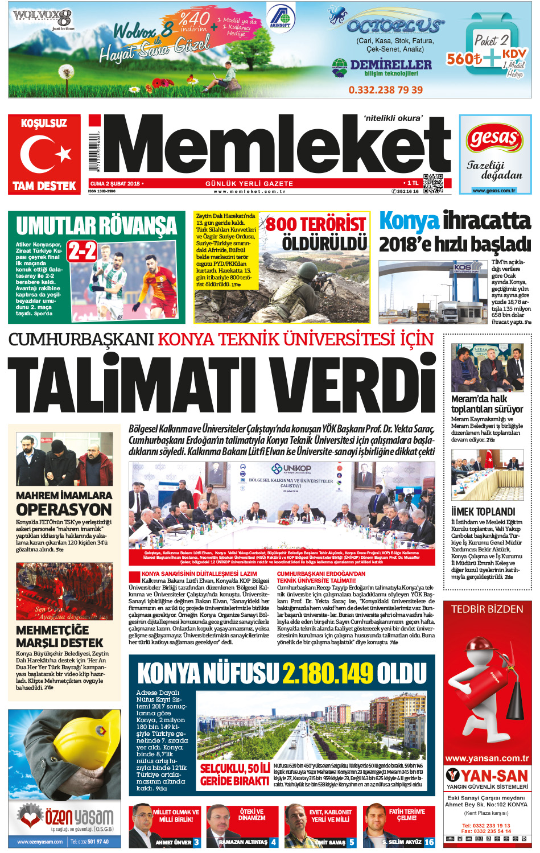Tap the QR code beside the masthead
pyautogui.click(x=432, y=183)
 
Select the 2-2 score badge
pyautogui.click(x=81, y=251)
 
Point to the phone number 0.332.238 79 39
pyautogui.click(x=385, y=90)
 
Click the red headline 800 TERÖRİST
pyautogui.click(x=316, y=224)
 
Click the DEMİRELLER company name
pyautogui.click(x=390, y=64)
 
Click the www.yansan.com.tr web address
pyautogui.click(x=487, y=758)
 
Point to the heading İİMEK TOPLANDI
pyautogui.click(x=483, y=512)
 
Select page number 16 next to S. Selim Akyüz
pyautogui.click(x=429, y=842)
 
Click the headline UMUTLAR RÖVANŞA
pyautogui.click(x=96, y=226)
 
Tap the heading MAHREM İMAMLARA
pyautogui.click(x=64, y=495)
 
